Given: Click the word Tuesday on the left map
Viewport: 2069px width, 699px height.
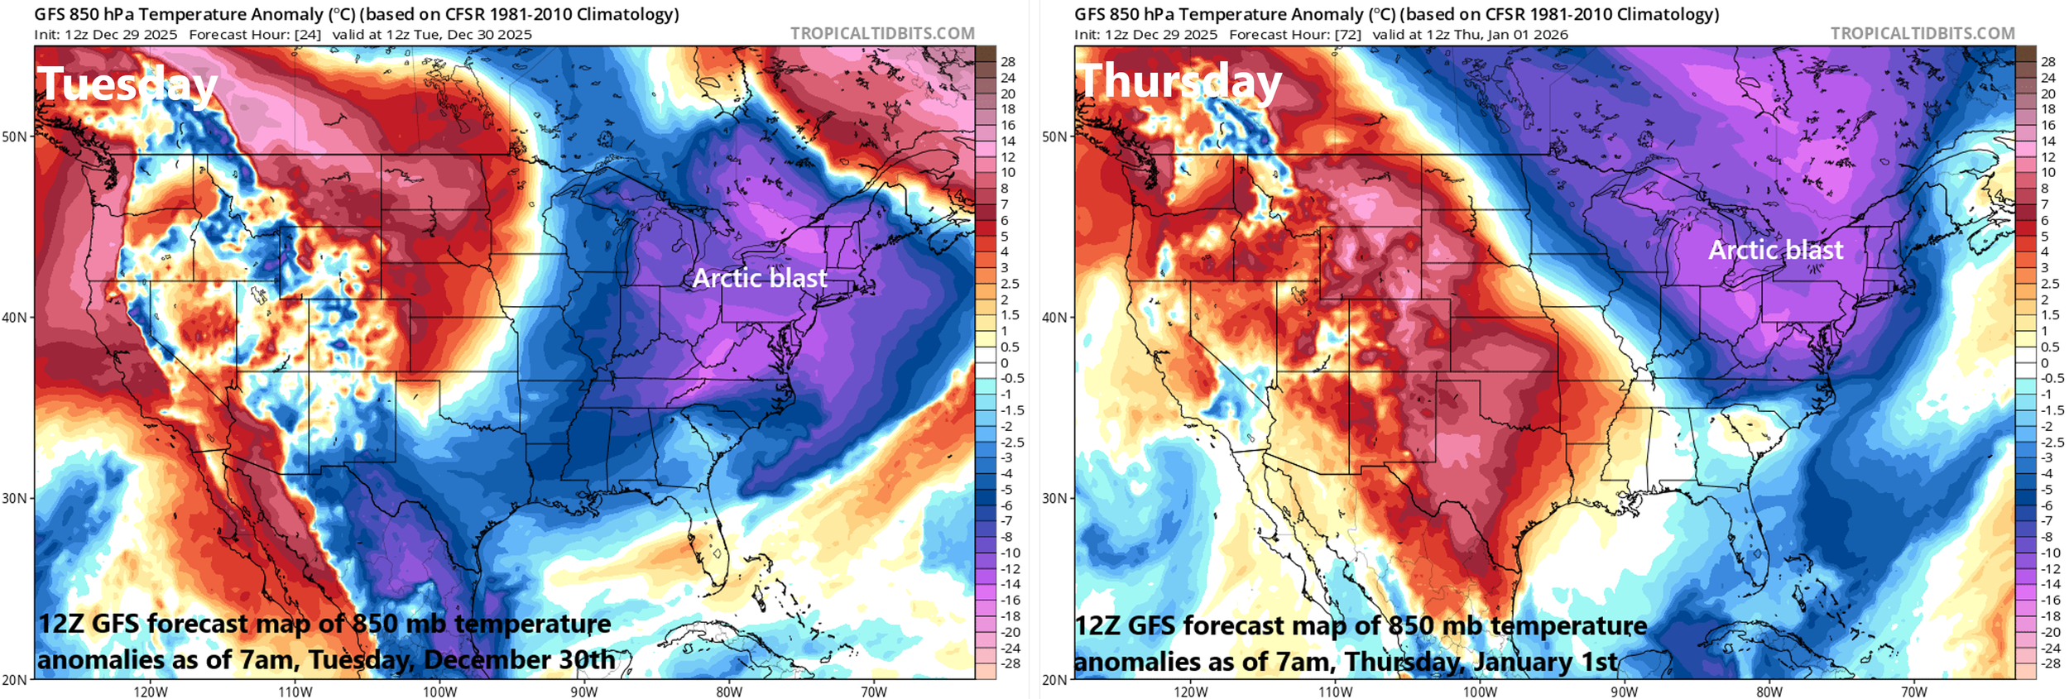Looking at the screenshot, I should coord(127,85).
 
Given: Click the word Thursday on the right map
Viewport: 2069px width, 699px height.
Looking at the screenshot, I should coord(1179,83).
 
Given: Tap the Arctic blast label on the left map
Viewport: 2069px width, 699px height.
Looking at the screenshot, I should coord(759,278).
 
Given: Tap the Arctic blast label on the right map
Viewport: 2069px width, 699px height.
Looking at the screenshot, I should coord(1775,250).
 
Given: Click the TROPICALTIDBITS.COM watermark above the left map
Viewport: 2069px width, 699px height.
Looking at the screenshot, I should coord(882,33).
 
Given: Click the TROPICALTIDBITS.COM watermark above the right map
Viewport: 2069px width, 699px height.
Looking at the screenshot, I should coord(1922,33).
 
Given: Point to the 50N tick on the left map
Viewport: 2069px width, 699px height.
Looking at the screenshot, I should coord(14,136).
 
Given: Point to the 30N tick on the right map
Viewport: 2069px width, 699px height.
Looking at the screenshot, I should coord(1054,498).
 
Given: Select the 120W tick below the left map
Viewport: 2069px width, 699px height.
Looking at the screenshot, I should coord(151,692).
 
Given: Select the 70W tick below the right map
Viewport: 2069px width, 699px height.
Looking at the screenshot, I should coord(1913,692).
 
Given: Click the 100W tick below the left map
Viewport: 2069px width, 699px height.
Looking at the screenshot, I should coord(439,692).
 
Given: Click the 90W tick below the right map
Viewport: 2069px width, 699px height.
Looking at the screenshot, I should coord(1624,692).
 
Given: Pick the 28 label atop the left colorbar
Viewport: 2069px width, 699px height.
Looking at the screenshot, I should coord(1007,62).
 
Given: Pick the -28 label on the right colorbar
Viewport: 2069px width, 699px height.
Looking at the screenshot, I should coord(2047,663).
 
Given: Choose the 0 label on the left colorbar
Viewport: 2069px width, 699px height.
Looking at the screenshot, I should coord(1005,362).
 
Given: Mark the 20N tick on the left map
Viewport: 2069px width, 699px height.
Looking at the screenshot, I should coord(14,679).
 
